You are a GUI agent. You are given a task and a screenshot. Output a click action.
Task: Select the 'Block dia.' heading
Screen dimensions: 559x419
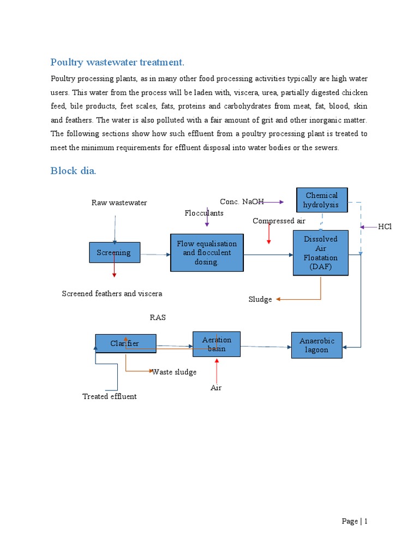click(x=73, y=171)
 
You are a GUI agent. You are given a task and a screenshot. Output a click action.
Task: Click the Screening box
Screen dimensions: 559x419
click(x=115, y=252)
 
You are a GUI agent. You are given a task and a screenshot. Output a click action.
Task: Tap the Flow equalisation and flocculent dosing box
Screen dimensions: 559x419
click(x=207, y=253)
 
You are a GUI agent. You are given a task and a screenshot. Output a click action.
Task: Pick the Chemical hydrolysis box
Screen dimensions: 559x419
click(x=321, y=200)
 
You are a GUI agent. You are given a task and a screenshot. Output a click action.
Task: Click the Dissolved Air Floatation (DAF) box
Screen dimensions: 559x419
click(x=320, y=253)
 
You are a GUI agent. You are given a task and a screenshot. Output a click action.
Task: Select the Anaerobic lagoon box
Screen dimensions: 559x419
click(x=317, y=345)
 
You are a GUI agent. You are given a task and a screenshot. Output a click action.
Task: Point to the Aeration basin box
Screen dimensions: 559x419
click(x=217, y=344)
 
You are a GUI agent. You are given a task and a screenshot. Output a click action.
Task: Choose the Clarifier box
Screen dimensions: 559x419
click(x=125, y=343)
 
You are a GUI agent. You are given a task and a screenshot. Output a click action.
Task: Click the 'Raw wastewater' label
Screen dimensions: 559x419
click(x=119, y=203)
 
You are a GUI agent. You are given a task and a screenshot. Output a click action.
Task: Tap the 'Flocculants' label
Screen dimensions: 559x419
click(x=203, y=213)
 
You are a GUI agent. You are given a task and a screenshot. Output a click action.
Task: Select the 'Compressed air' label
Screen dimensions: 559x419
click(x=279, y=221)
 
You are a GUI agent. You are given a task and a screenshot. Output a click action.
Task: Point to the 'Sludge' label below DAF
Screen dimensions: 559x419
click(x=260, y=299)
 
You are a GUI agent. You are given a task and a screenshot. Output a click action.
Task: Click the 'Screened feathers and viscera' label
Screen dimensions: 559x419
click(x=112, y=293)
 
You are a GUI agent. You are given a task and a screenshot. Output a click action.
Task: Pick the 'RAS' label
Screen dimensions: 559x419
click(x=158, y=317)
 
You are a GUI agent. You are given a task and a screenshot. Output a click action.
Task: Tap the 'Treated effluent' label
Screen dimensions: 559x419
click(x=109, y=396)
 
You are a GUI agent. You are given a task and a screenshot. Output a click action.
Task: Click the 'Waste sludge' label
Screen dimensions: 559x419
click(x=174, y=372)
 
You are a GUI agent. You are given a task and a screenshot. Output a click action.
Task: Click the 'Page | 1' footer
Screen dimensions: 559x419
click(x=355, y=521)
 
